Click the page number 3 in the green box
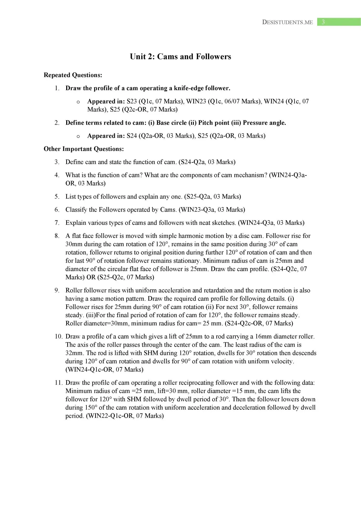point(323,22)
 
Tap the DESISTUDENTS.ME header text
point(287,22)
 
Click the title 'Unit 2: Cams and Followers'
point(180,57)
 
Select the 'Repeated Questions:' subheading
point(73,75)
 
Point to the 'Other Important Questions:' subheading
point(84,149)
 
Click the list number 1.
point(57,88)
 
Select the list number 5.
point(57,197)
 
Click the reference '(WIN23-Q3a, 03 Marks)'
point(212,210)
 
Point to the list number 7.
point(57,223)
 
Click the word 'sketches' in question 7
point(224,223)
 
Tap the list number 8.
point(57,236)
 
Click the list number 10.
point(58,337)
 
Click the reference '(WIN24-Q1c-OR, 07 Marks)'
point(104,369)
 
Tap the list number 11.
point(58,383)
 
